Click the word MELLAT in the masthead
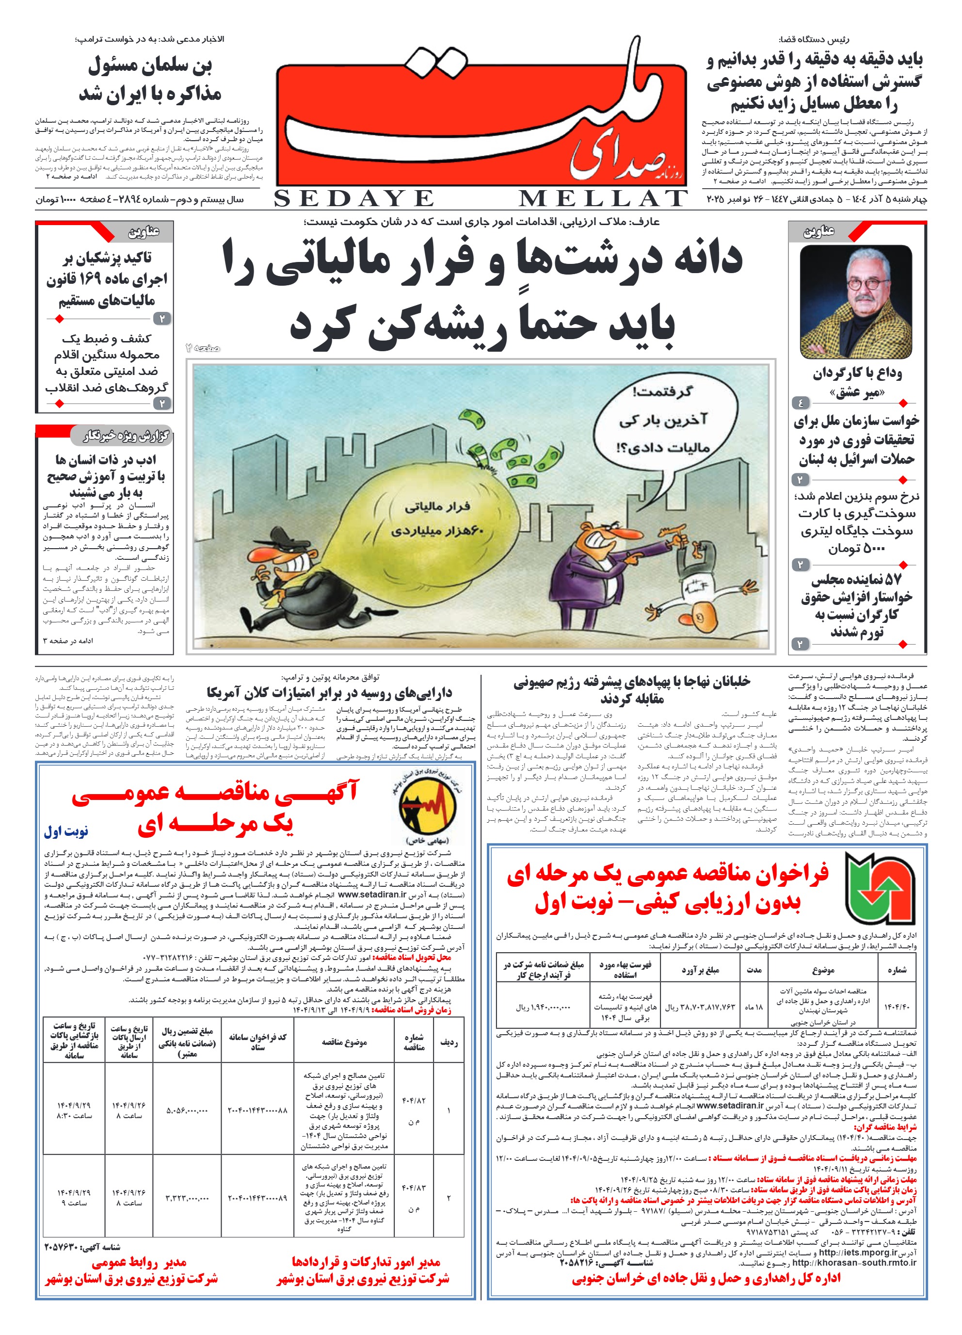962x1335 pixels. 603,199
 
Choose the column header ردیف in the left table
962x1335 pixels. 449,1042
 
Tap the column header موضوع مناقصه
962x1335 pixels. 344,1042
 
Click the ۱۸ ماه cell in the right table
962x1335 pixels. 753,1007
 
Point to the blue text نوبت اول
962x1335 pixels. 66,831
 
